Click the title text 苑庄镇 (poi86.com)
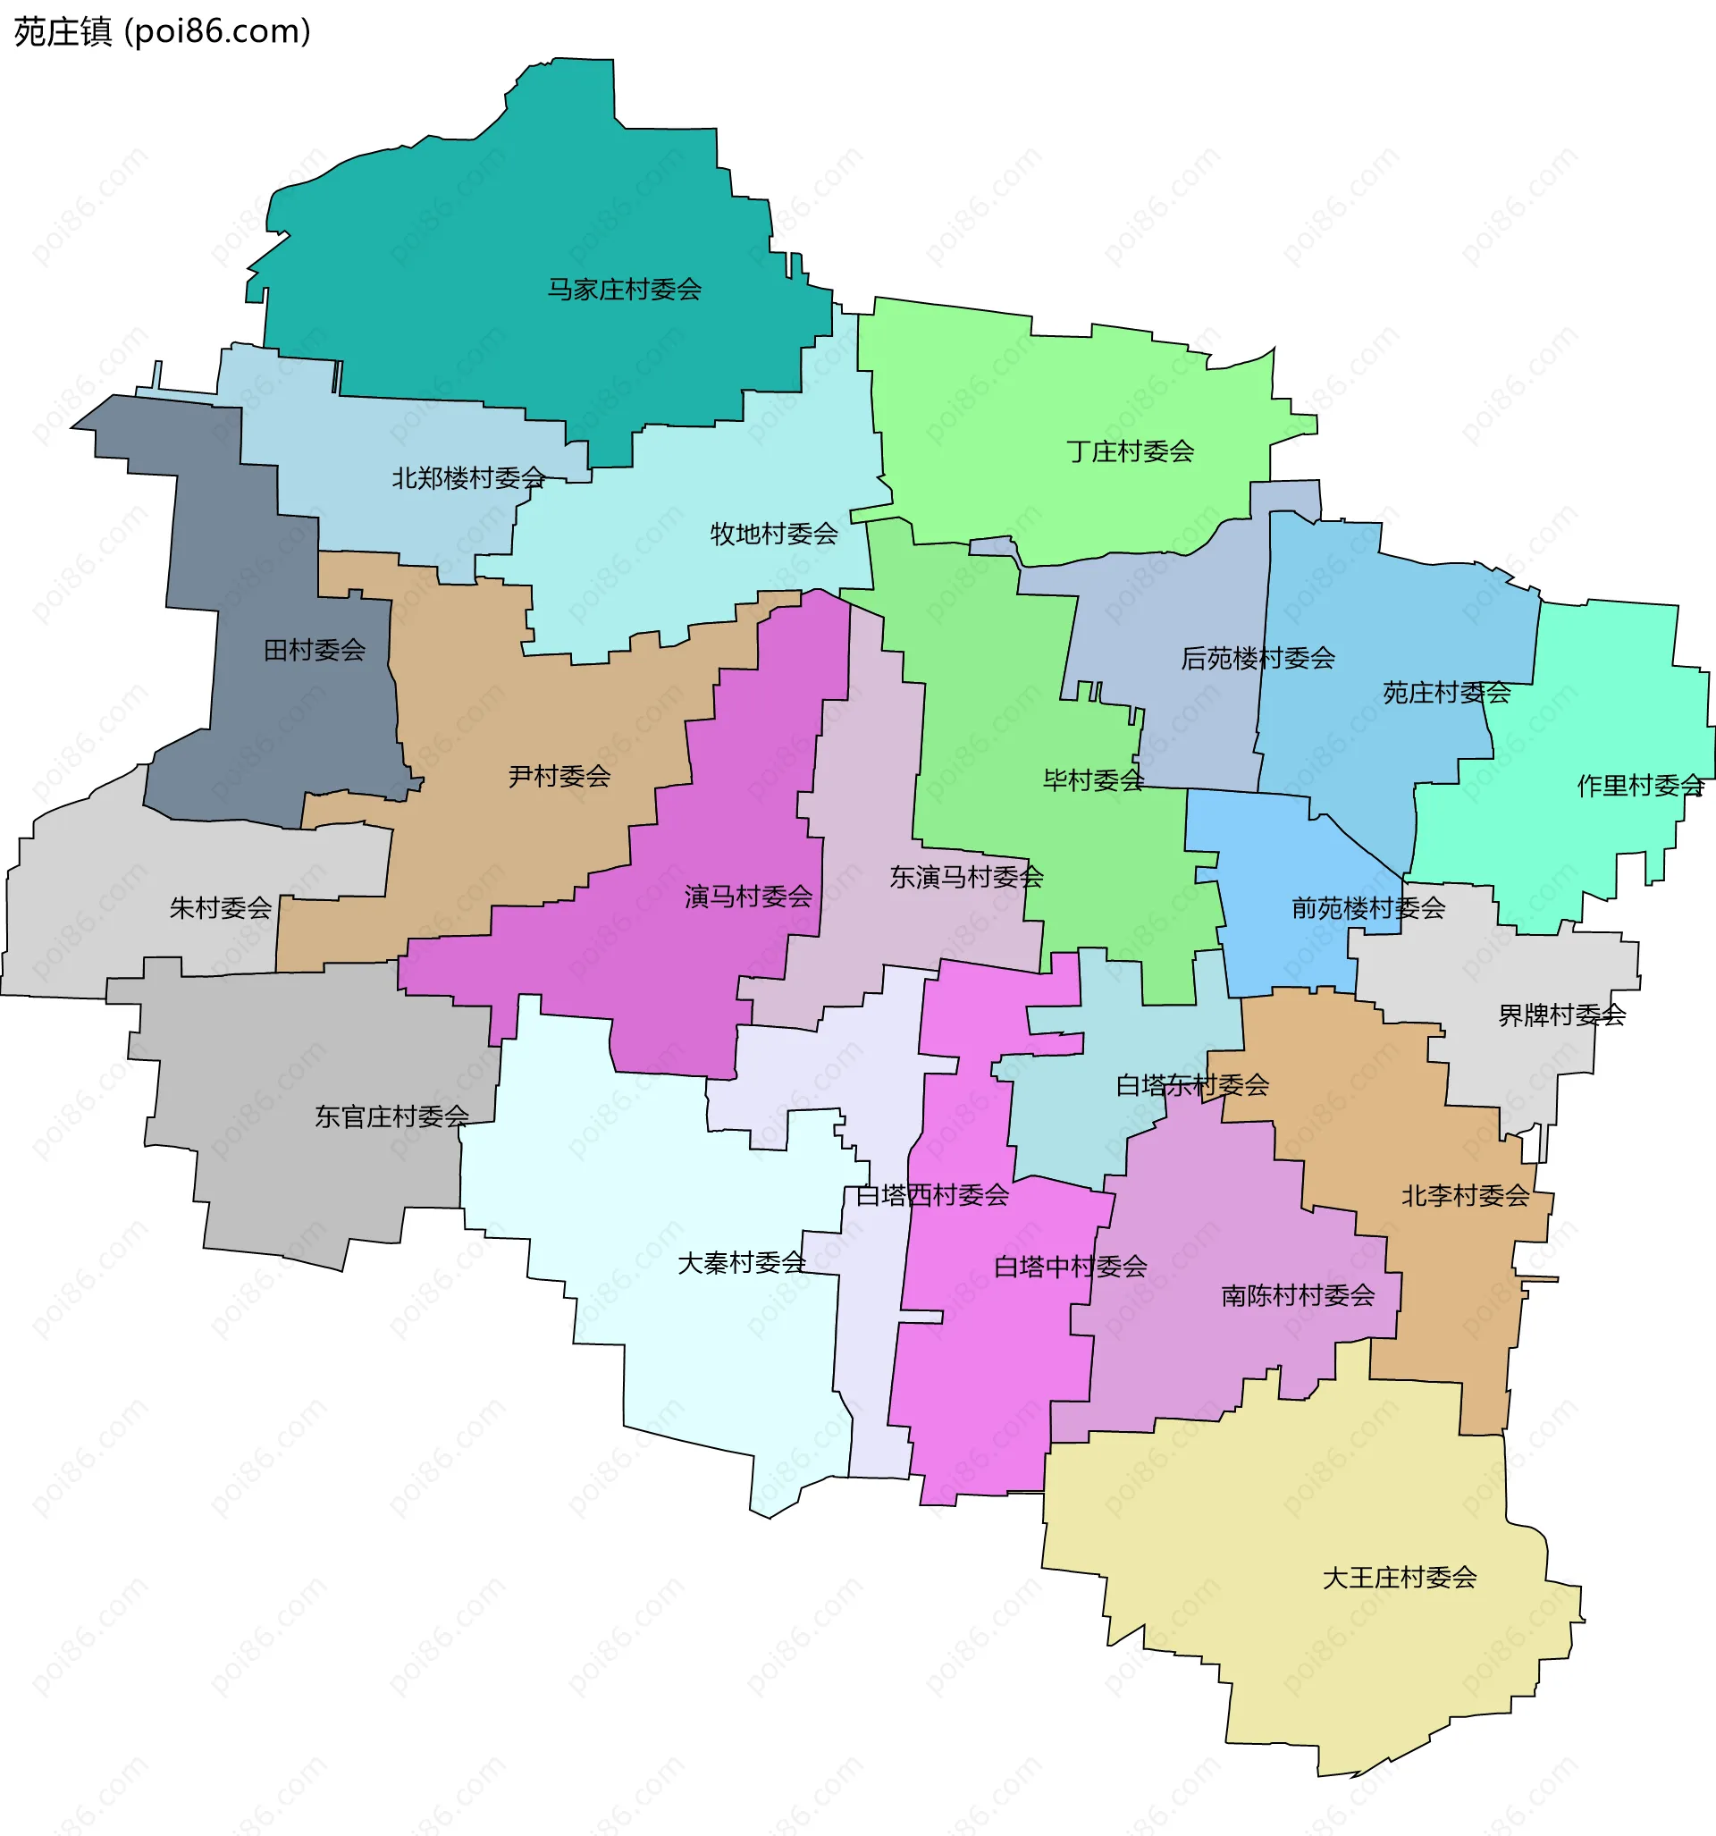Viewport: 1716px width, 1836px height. (x=163, y=31)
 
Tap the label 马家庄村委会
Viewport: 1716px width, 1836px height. (x=625, y=290)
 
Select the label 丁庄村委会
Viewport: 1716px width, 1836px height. (x=1130, y=451)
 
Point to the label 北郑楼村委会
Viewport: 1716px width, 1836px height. (x=469, y=478)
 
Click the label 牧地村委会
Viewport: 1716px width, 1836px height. (x=774, y=534)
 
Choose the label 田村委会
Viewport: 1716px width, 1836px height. (x=315, y=650)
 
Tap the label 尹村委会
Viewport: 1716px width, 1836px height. (x=559, y=777)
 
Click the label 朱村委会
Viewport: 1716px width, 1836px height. (x=221, y=909)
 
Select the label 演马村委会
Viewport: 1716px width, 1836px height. (x=748, y=897)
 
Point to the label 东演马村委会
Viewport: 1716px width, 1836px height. (x=966, y=878)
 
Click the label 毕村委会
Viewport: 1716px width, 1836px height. (x=1094, y=781)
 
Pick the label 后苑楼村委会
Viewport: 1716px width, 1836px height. (x=1258, y=659)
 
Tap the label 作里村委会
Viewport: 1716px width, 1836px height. (x=1640, y=786)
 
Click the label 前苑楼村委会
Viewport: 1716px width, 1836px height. (x=1367, y=909)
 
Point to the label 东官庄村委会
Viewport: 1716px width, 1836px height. (x=392, y=1117)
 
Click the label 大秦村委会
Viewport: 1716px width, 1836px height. (x=742, y=1263)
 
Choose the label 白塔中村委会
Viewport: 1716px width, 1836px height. (x=1071, y=1268)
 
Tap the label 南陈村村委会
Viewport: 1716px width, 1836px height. (x=1298, y=1296)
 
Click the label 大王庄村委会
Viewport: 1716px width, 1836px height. (x=1400, y=1578)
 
